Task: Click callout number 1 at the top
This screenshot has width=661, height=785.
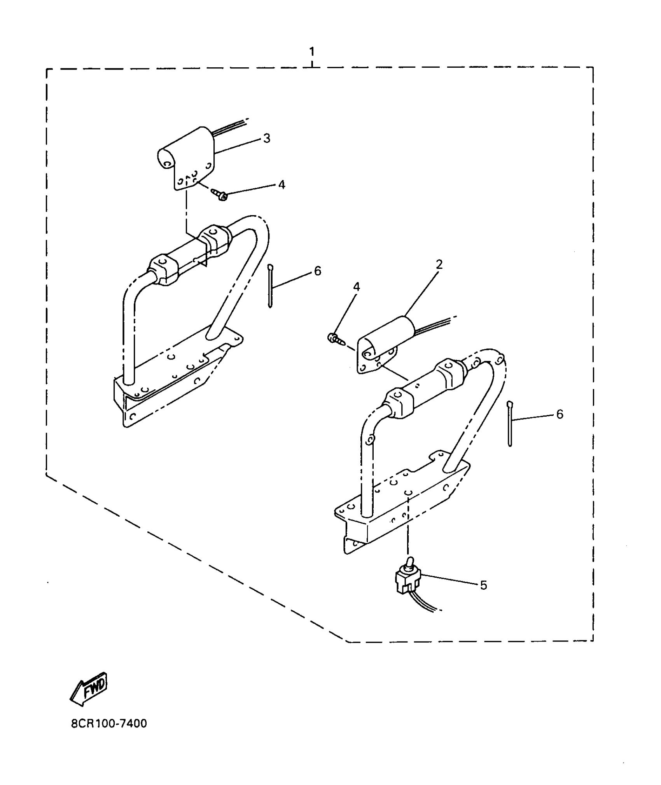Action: (311, 52)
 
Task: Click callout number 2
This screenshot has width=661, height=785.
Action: (439, 265)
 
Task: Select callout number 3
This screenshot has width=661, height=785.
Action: (267, 138)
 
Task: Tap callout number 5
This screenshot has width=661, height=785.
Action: (483, 596)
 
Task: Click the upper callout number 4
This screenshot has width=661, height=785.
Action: (282, 184)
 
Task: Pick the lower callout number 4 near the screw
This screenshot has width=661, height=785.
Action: (356, 287)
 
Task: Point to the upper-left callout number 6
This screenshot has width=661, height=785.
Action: (318, 271)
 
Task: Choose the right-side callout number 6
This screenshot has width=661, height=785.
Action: (560, 414)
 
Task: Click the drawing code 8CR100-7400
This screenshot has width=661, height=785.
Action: (109, 724)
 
